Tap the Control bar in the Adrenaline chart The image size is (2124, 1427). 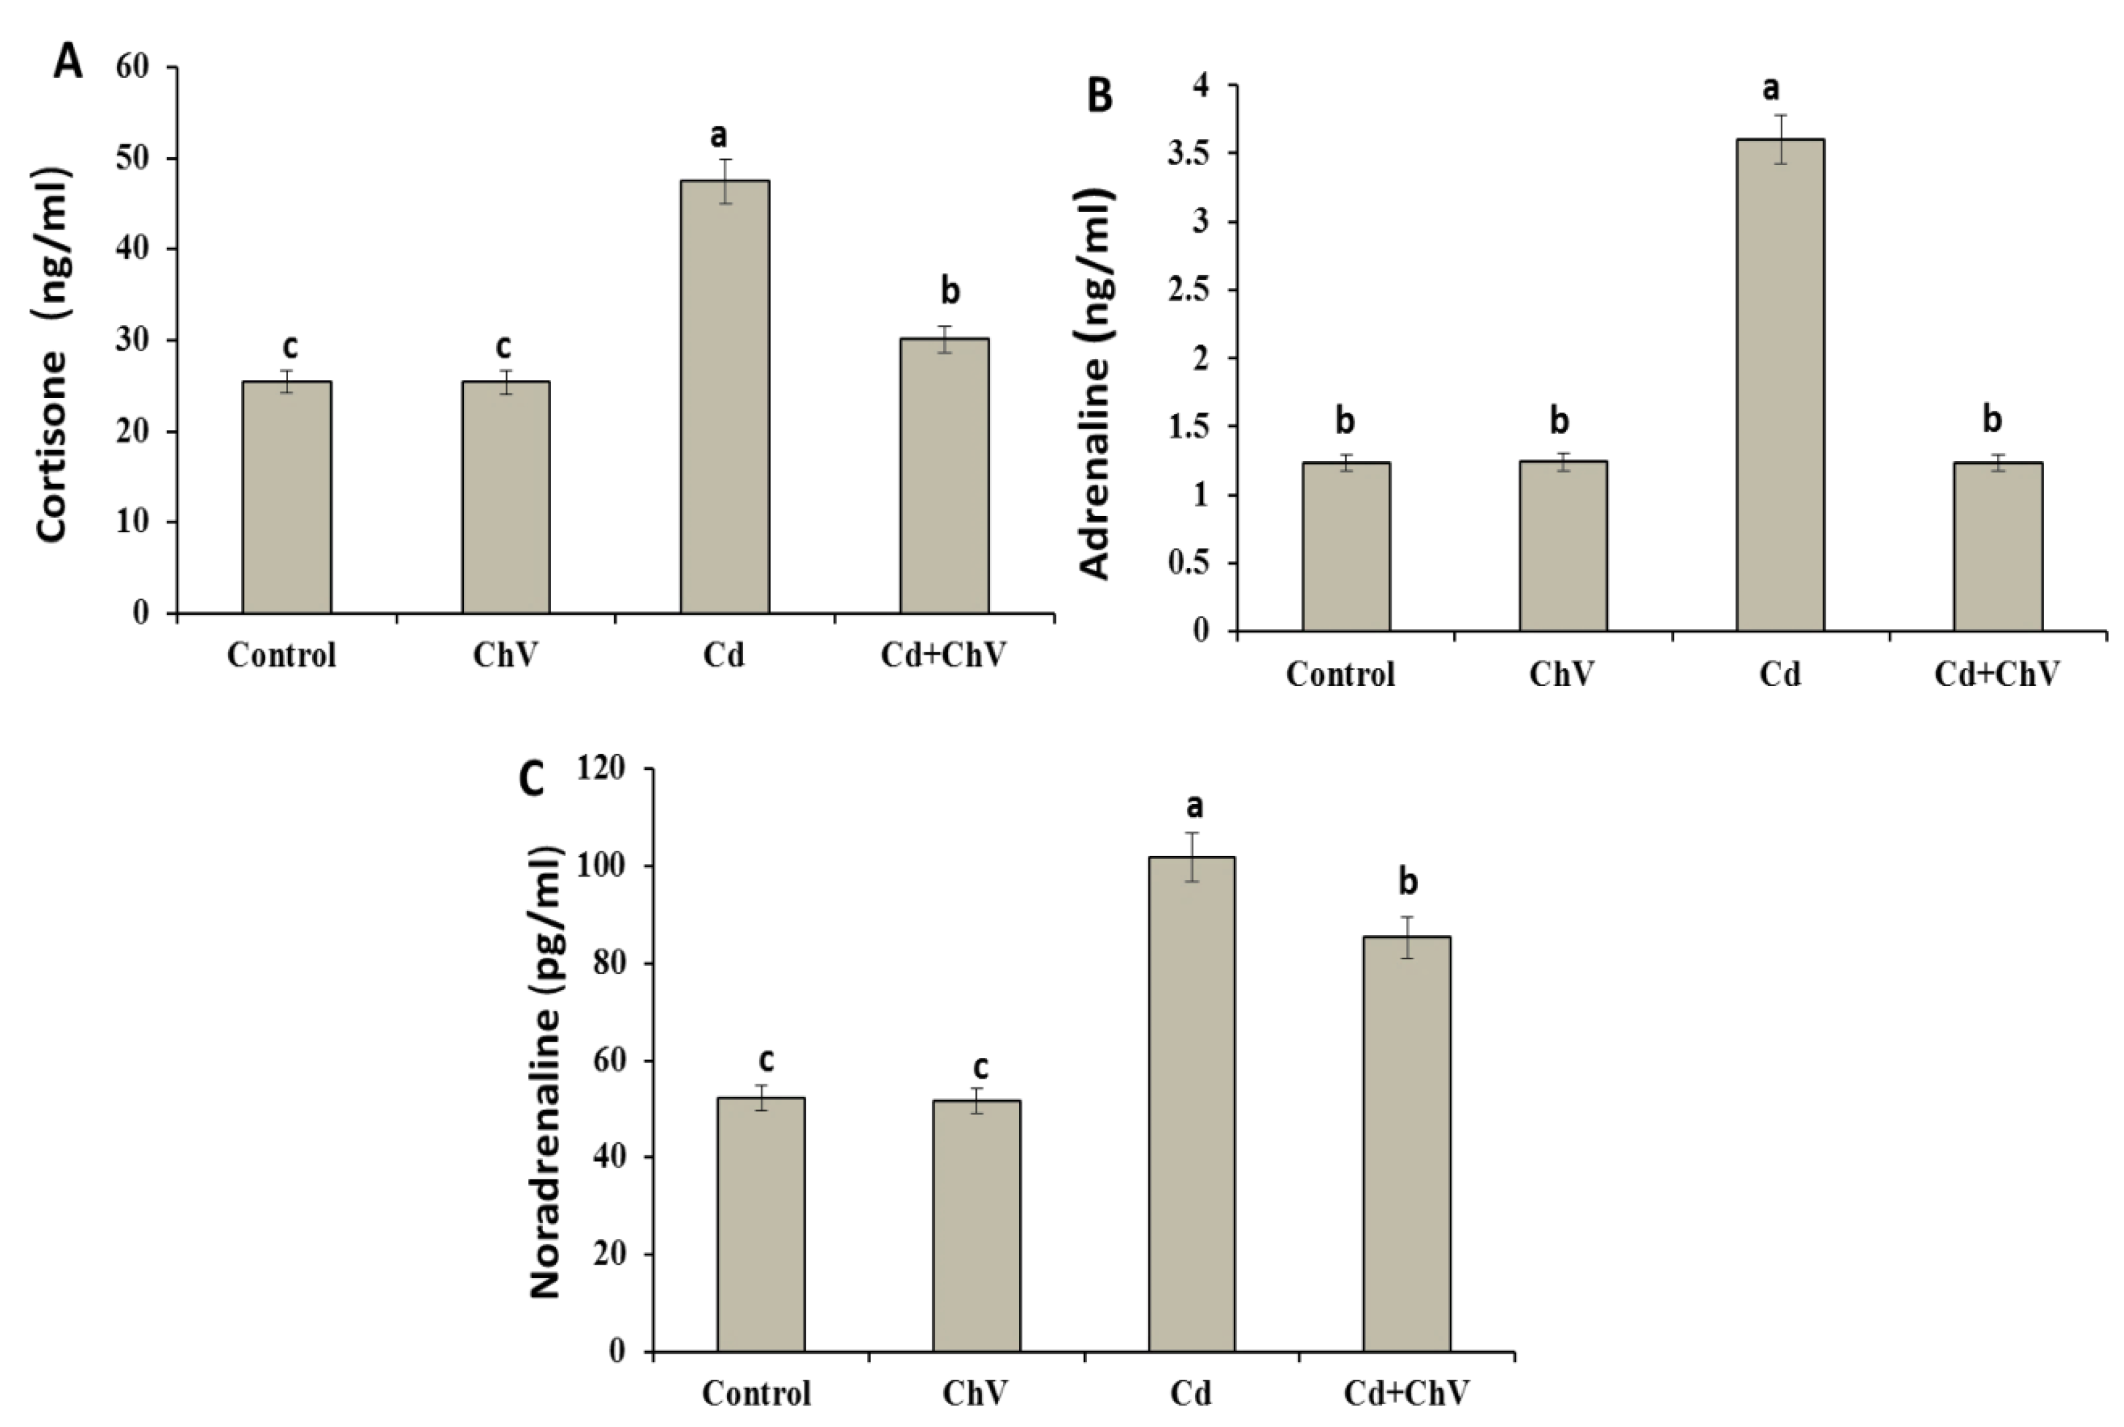click(x=1345, y=546)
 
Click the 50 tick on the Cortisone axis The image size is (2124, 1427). click(x=133, y=158)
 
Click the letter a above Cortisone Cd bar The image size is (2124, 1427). click(x=719, y=136)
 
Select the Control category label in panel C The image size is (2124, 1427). click(x=757, y=1393)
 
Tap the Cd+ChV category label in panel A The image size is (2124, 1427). click(x=944, y=655)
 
